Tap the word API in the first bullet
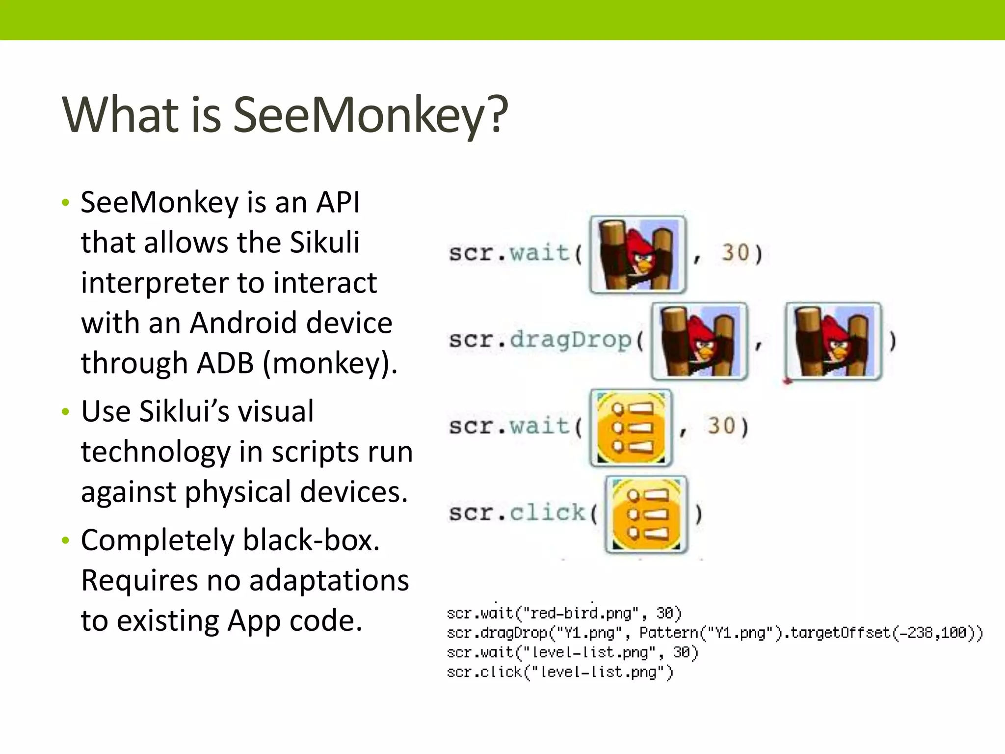coord(338,202)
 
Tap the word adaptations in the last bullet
coord(329,581)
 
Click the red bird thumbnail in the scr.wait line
coord(637,254)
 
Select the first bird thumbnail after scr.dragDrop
coord(699,341)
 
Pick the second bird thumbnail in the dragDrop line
coord(833,341)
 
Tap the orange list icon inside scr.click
coord(646,514)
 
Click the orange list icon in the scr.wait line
coord(631,428)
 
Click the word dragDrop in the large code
coord(571,340)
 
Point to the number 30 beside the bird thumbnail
coord(735,253)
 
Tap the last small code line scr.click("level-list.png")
coord(559,672)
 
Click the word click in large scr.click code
coord(548,513)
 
